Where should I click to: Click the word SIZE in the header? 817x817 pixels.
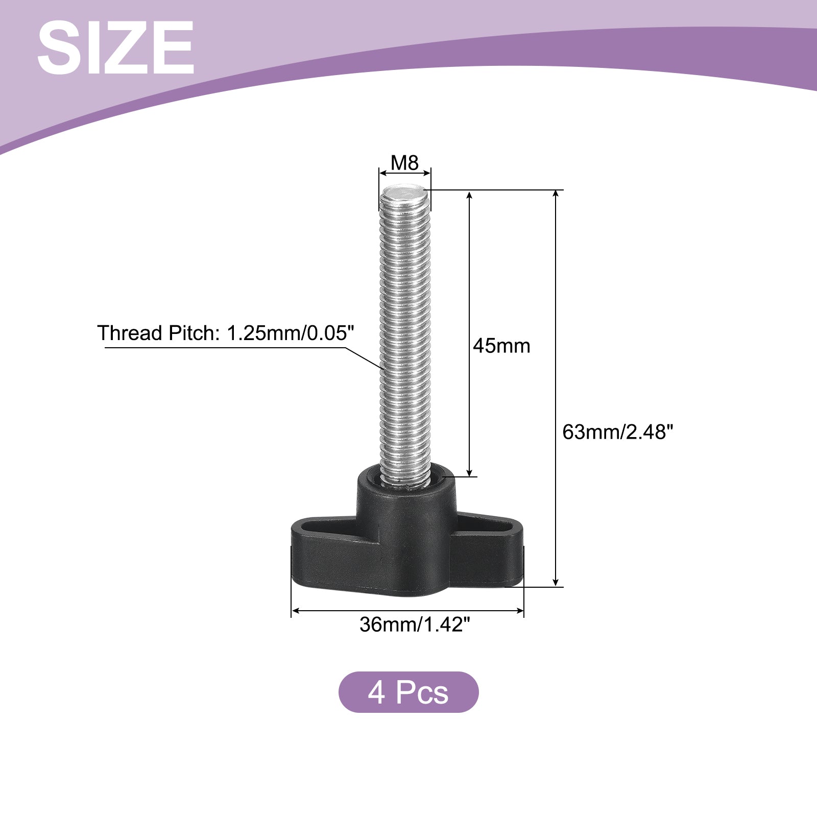[115, 48]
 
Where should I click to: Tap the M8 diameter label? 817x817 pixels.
[404, 163]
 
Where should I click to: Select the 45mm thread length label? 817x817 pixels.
[501, 346]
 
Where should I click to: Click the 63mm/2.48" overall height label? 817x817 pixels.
[618, 432]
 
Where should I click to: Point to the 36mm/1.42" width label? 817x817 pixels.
[414, 624]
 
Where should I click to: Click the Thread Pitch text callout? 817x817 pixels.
[226, 333]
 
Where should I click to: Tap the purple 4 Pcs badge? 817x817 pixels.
[408, 692]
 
